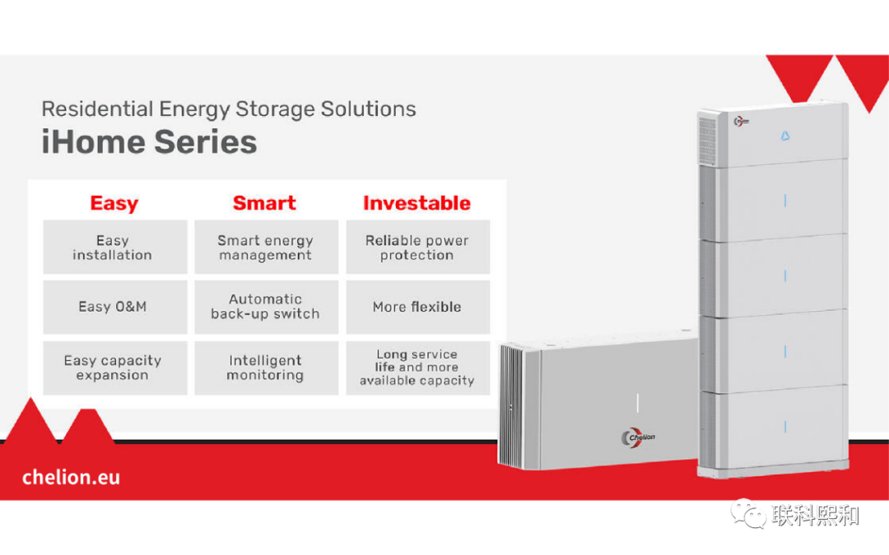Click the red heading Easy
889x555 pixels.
(x=114, y=203)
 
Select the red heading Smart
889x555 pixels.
(x=264, y=203)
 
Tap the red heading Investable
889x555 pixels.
(x=417, y=203)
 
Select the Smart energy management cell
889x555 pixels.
(x=266, y=247)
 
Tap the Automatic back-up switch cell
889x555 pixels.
(x=266, y=307)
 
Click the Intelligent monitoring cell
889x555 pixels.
(x=266, y=368)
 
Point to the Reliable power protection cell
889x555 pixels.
(x=417, y=247)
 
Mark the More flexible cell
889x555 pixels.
(x=417, y=307)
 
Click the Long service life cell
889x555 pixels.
(x=417, y=368)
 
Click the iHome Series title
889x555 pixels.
(x=149, y=142)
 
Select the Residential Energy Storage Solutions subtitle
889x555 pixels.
(x=229, y=109)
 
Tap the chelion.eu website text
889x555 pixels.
(x=71, y=477)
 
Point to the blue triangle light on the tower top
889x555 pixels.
(x=784, y=136)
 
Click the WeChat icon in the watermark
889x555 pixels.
(x=750, y=516)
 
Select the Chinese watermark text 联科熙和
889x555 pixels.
(x=815, y=516)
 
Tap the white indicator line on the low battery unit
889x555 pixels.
(x=638, y=402)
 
